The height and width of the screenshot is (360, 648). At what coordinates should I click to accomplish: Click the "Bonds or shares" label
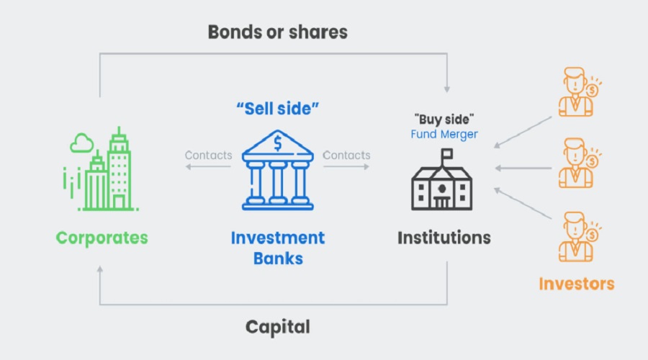coord(277,32)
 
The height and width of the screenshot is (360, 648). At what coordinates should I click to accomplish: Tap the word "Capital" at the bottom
coord(277,327)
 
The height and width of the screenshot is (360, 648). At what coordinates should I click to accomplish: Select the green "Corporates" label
coord(102,238)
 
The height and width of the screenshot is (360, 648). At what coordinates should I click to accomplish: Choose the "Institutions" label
coord(444,238)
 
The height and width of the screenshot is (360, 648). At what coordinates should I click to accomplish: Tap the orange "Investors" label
coord(577,283)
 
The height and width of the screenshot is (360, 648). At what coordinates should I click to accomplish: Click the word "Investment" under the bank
coord(278,238)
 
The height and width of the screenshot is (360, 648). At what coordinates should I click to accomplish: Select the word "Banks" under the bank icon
coord(278,258)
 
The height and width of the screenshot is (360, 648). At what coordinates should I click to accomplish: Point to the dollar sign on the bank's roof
coord(278,143)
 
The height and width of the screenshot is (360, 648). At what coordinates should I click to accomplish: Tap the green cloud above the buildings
coord(81,144)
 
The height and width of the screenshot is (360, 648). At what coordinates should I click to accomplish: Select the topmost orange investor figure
coord(577,93)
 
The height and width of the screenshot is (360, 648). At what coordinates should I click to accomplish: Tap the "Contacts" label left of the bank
coord(208,156)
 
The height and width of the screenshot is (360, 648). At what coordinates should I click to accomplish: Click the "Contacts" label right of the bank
coord(346,156)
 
